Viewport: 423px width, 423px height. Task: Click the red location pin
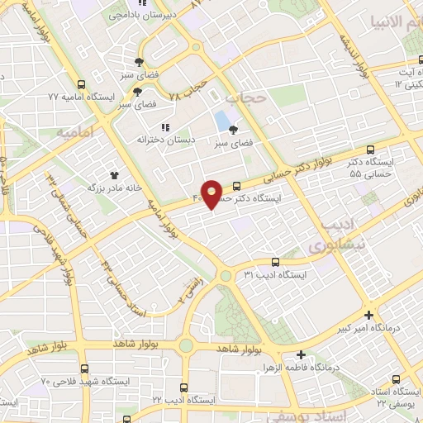pyautogui.click(x=212, y=194)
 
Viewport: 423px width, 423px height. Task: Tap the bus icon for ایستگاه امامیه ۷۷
pyautogui.click(x=81, y=84)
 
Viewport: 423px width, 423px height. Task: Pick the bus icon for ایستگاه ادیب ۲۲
pyautogui.click(x=183, y=386)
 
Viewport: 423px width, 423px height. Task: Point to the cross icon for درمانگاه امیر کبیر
pyautogui.click(x=368, y=314)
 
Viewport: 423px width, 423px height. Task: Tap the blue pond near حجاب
pyautogui.click(x=221, y=121)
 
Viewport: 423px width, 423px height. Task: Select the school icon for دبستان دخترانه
pyautogui.click(x=165, y=127)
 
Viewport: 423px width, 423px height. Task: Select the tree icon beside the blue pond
pyautogui.click(x=233, y=130)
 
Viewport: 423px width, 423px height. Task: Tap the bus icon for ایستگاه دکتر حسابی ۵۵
pyautogui.click(x=368, y=150)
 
